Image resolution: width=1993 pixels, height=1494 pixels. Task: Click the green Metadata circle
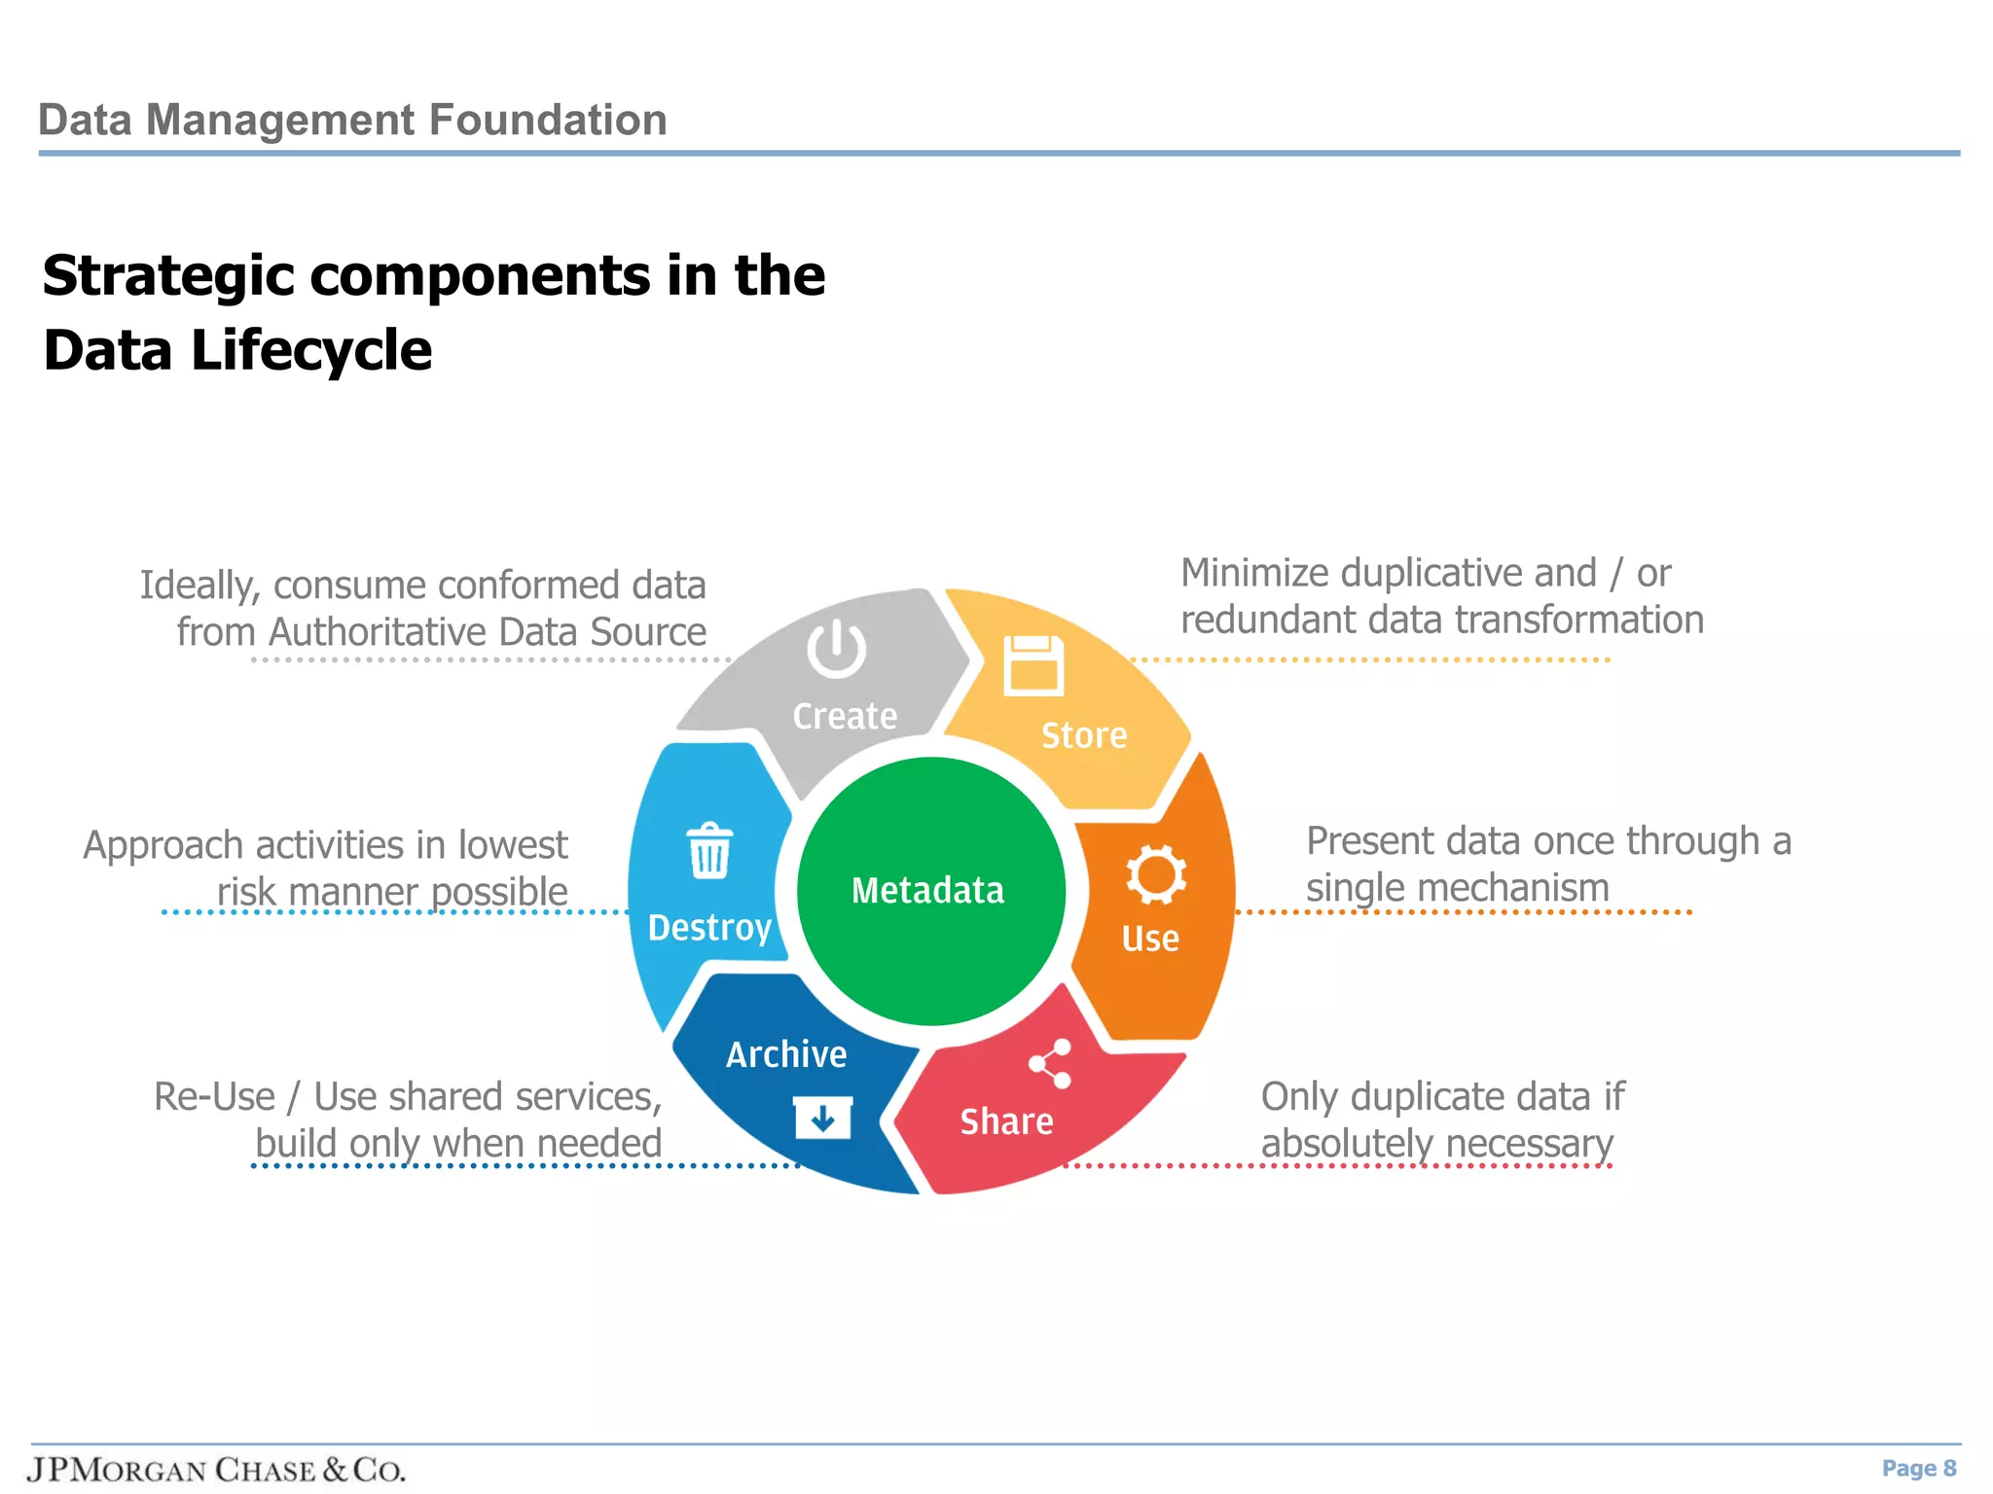point(930,890)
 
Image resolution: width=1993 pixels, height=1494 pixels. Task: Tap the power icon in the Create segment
point(836,650)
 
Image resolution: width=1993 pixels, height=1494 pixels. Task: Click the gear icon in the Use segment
point(1155,873)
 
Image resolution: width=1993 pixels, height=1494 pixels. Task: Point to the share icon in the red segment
point(1050,1063)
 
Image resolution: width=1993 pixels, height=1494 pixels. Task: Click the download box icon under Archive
point(822,1118)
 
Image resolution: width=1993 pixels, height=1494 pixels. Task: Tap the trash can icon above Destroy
point(709,851)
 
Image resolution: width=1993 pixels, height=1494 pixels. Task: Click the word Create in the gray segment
point(844,717)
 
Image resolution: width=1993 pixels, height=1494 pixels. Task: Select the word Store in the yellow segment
point(1083,735)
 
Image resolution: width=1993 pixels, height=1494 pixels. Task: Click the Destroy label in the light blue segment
point(709,928)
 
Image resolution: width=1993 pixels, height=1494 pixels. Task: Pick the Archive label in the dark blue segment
point(786,1054)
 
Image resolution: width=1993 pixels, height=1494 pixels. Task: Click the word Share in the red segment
point(1006,1121)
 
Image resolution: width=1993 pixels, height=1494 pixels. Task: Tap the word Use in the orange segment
point(1149,939)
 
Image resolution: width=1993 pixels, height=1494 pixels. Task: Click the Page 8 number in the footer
point(1918,1468)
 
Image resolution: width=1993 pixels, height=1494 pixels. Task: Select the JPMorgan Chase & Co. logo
point(216,1469)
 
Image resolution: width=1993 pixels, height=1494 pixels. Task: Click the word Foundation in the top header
point(547,121)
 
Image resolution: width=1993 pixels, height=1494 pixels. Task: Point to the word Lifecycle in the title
point(310,350)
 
